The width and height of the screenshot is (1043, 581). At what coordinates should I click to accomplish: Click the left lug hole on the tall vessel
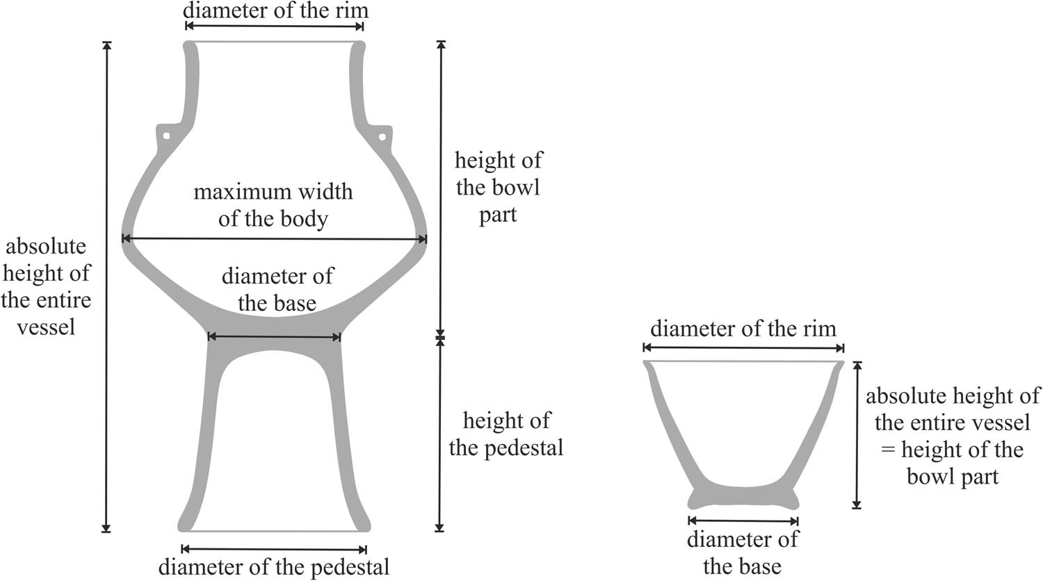pos(166,136)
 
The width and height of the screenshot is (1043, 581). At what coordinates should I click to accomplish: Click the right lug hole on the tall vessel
pos(382,137)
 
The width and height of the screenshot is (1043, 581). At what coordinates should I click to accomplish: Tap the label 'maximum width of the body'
pos(273,205)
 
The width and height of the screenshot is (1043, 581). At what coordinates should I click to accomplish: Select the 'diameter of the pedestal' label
pos(274,567)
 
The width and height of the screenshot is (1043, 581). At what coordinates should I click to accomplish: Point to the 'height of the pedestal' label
pos(506,434)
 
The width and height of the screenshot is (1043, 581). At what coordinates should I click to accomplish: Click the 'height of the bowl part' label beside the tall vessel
pos(499,187)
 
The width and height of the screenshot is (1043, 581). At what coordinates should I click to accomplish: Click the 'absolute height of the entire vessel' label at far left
pos(46,286)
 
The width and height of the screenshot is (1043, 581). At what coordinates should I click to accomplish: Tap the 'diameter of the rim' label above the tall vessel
pos(275,10)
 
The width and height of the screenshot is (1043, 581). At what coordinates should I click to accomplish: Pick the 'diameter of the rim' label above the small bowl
pos(743,329)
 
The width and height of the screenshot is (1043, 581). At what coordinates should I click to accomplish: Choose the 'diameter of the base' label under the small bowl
pos(743,553)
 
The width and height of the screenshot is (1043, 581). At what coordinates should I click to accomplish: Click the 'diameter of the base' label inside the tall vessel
pos(277,290)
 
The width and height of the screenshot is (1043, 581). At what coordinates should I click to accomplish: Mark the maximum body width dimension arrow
pos(274,239)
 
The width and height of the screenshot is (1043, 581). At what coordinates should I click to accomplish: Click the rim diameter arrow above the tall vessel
pos(275,26)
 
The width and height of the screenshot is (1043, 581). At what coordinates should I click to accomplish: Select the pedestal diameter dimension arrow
pos(274,549)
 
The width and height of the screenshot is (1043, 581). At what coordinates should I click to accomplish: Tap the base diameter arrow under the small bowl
pos(743,521)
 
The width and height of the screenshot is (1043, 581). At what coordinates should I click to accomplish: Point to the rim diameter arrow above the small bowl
pos(743,347)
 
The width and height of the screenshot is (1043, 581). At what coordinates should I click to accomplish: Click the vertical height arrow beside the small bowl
pos(857,435)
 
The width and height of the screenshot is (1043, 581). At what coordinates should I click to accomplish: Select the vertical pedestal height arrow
pos(439,435)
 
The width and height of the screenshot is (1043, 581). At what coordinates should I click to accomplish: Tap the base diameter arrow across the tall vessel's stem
pos(274,336)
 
